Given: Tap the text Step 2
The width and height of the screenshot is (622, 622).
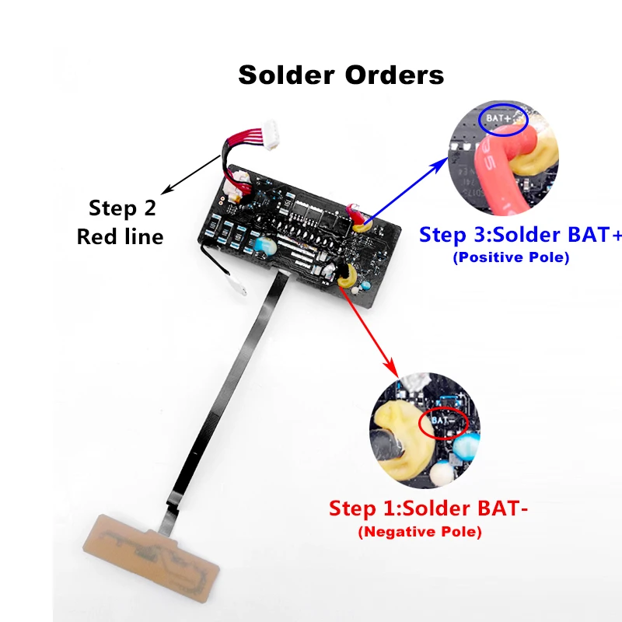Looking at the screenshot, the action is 122,208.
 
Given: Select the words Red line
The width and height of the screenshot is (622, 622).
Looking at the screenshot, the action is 120,236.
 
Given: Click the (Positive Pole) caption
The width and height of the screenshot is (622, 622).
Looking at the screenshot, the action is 511,257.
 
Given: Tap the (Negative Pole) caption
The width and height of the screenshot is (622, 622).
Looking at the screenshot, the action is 419,533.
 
